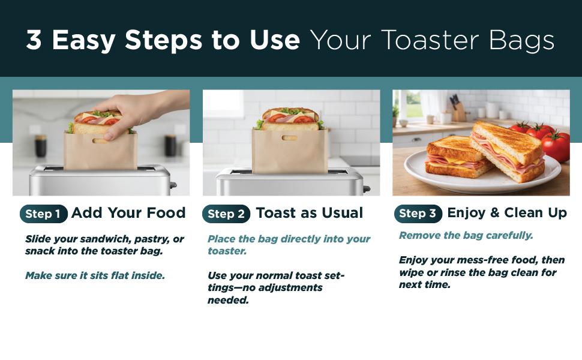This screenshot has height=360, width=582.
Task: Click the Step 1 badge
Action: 43,214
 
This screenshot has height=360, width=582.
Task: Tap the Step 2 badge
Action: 226,214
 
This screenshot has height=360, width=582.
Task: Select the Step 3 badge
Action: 418,214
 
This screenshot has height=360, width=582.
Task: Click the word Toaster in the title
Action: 430,40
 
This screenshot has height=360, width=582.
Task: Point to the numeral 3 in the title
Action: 34,40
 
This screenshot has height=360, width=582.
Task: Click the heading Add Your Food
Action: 128,213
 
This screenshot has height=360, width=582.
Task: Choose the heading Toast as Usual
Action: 309,213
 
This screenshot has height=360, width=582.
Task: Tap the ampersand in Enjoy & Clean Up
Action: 494,212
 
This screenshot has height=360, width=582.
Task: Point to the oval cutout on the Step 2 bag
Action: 290,138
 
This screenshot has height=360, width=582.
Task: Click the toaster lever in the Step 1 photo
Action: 173,184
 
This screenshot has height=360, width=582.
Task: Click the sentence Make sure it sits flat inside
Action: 95,275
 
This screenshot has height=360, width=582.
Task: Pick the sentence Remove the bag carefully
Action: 466,235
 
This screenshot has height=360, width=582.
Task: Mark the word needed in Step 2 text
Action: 228,300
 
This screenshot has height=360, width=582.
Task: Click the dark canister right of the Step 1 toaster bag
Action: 170,145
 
